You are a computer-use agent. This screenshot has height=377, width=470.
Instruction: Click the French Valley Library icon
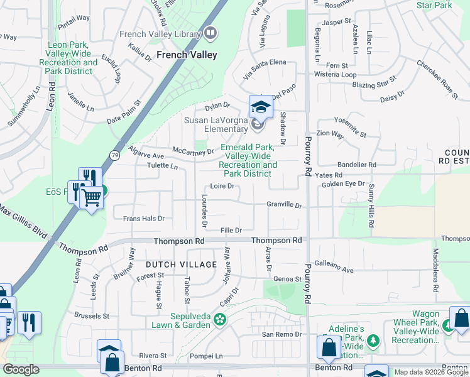point(210,31)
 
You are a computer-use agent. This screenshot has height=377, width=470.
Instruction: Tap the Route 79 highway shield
point(114,155)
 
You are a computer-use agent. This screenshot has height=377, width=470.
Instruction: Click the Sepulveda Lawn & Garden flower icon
point(219,319)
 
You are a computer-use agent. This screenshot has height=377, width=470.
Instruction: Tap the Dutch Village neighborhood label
point(182,265)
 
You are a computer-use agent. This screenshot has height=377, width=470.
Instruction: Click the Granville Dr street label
point(284,205)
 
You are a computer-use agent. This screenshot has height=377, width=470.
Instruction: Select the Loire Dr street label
point(222,186)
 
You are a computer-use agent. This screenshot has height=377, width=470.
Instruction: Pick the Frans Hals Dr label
point(143,219)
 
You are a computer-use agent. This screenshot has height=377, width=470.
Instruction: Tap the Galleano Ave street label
point(334,266)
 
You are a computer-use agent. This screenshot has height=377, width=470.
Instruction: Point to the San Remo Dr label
point(281,334)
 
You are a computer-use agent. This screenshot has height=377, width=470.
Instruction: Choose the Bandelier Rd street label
point(355,165)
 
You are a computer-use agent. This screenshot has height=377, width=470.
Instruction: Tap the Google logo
point(21,369)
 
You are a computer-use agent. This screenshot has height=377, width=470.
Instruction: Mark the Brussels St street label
point(93,316)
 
